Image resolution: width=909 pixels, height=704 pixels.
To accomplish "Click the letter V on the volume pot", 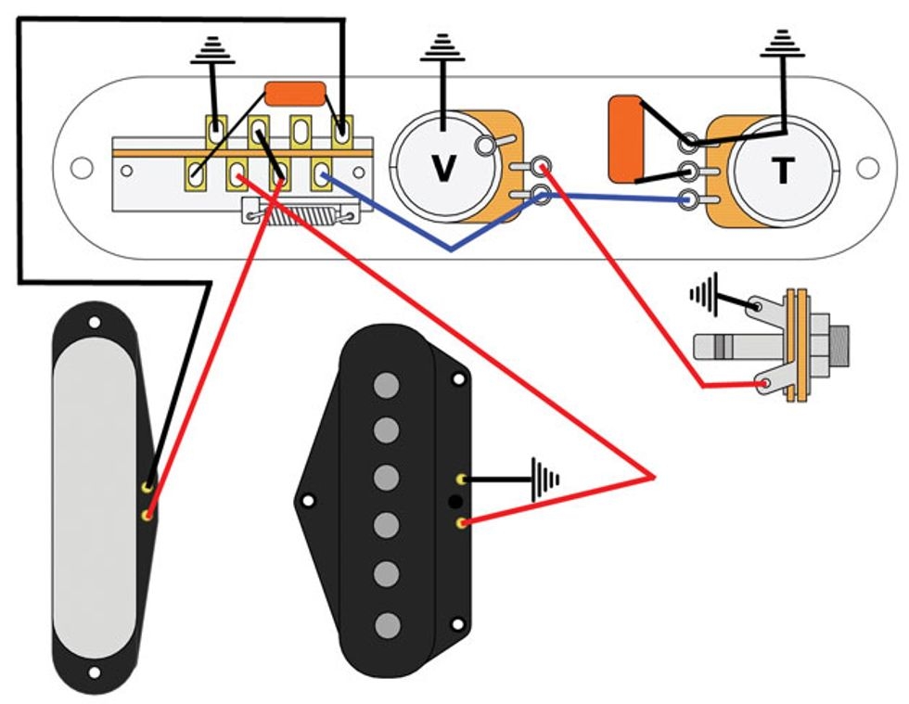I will pyautogui.click(x=445, y=168).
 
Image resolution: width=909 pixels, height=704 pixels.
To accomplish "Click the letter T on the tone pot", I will pyautogui.click(x=784, y=170).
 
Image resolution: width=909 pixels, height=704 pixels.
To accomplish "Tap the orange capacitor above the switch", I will pyautogui.click(x=296, y=94).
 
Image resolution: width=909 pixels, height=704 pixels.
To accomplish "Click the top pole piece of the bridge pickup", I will pyautogui.click(x=388, y=384).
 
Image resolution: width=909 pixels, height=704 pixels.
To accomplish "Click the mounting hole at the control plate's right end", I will pyautogui.click(x=867, y=168).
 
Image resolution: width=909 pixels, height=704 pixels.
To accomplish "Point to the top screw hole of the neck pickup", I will pyautogui.click(x=95, y=323).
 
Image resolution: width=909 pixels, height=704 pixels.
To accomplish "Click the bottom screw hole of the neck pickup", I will pyautogui.click(x=95, y=672).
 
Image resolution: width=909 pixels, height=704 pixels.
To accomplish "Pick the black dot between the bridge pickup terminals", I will pyautogui.click(x=454, y=502).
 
